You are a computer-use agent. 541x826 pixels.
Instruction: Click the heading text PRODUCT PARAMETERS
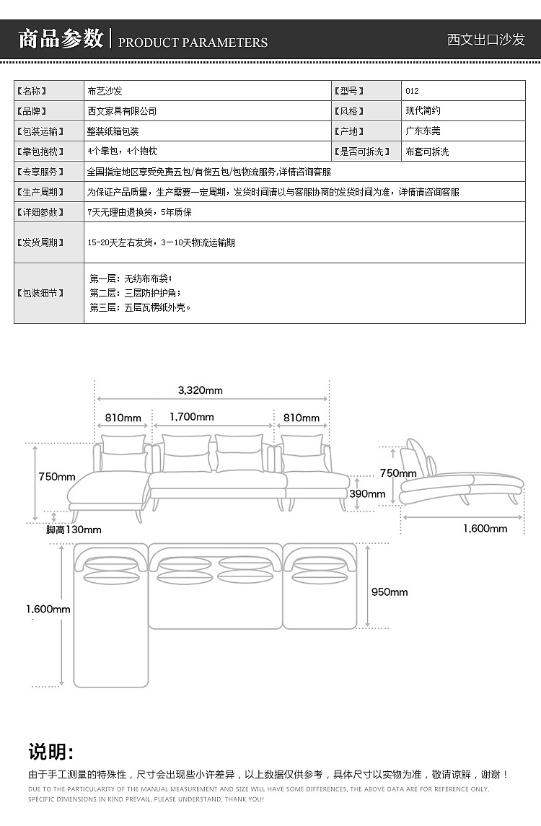click(x=193, y=42)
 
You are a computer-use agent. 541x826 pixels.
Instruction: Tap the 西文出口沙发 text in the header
click(x=485, y=40)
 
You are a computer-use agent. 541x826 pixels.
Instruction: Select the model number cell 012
click(x=412, y=91)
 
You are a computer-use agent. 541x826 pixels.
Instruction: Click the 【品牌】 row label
click(x=32, y=111)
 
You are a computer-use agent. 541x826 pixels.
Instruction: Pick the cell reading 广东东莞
click(x=423, y=131)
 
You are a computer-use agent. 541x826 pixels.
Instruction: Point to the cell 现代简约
click(x=423, y=110)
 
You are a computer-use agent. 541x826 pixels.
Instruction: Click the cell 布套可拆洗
click(x=427, y=151)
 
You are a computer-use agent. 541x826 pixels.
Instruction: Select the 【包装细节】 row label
click(x=40, y=293)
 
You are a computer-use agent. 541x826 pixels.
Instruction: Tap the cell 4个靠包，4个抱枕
click(x=122, y=151)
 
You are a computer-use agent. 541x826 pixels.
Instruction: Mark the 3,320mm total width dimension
click(x=201, y=390)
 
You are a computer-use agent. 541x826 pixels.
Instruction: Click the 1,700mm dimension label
click(x=192, y=417)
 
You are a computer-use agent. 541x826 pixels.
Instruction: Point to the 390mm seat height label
click(x=367, y=494)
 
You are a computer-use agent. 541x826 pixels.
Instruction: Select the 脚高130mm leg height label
click(x=74, y=530)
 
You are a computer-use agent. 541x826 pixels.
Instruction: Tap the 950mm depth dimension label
click(x=390, y=592)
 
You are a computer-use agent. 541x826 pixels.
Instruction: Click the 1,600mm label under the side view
click(x=485, y=528)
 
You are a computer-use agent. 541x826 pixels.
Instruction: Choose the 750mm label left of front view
click(x=57, y=477)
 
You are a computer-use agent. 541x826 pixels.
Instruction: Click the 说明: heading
click(x=50, y=752)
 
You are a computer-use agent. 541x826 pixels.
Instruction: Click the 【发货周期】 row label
click(x=40, y=242)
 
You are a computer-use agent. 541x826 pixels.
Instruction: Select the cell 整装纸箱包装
click(x=113, y=131)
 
